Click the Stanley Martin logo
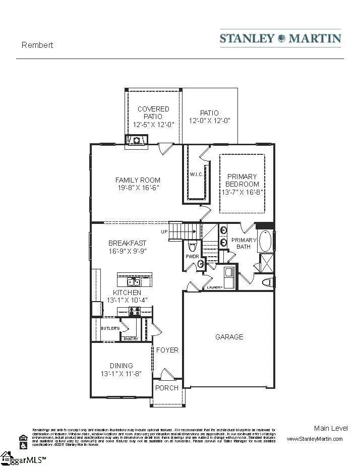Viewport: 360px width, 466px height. (x=280, y=38)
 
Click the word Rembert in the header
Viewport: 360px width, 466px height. (x=37, y=45)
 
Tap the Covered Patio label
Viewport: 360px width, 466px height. (x=153, y=112)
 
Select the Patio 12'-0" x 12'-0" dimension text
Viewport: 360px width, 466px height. (x=209, y=121)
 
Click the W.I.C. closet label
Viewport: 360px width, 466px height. (x=196, y=175)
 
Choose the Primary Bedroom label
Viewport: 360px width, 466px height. (x=242, y=180)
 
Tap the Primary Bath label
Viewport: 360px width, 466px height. (x=244, y=243)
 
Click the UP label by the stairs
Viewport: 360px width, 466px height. (x=164, y=232)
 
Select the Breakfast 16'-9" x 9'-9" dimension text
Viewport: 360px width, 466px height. (x=127, y=251)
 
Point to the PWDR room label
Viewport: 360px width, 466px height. (x=192, y=256)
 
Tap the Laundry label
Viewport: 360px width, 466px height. (x=214, y=287)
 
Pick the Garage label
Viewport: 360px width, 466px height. (x=229, y=337)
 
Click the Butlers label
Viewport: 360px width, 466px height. (x=110, y=328)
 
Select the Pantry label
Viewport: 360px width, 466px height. (x=131, y=339)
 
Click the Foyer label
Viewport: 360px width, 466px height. (x=167, y=350)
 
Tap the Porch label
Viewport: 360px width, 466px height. (x=167, y=388)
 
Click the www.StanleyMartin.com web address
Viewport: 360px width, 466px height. (x=314, y=439)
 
